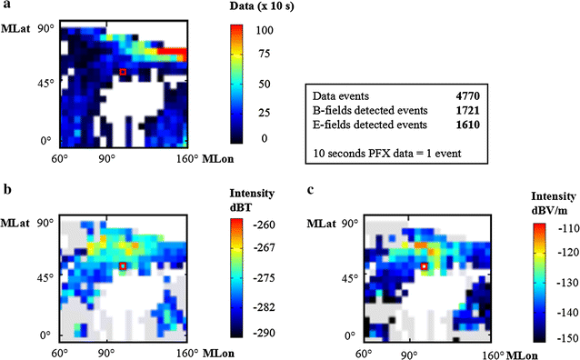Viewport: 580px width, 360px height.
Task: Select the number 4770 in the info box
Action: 467,95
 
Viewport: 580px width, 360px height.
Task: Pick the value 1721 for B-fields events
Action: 467,110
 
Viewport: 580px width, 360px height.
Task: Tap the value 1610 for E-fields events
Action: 467,125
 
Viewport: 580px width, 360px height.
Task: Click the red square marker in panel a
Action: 123,72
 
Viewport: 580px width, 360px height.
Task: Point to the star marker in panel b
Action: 123,266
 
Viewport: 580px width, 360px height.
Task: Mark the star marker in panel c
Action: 424,266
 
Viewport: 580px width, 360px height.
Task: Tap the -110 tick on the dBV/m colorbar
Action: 565,227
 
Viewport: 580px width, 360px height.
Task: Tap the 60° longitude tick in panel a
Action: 62,157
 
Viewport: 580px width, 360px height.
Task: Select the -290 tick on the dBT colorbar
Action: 265,335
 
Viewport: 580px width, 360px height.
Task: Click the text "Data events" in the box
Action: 338,95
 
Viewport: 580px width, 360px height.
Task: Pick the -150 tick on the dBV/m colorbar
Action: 565,337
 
